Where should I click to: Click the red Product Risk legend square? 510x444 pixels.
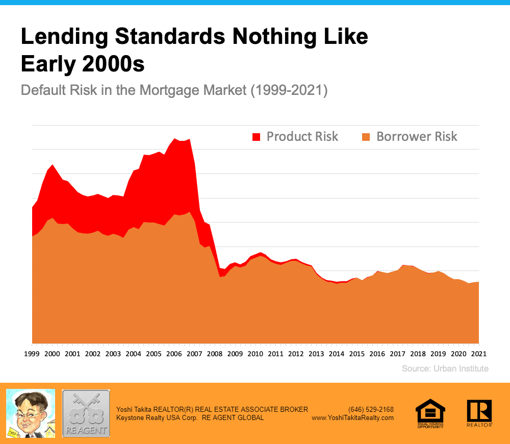point(256,137)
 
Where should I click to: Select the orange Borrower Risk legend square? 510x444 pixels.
point(366,137)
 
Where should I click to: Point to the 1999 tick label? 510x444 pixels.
point(32,354)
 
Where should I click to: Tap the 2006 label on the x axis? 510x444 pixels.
point(174,354)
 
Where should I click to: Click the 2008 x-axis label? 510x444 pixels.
point(215,354)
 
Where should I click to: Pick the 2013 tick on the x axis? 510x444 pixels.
point(316,354)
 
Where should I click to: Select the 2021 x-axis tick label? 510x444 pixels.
point(478,354)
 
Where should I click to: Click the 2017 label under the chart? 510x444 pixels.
point(397,354)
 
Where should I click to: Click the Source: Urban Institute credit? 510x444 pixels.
point(445,368)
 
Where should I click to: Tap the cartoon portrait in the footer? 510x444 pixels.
point(30,413)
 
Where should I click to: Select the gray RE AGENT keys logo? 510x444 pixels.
point(86,413)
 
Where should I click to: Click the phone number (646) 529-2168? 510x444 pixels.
point(371,409)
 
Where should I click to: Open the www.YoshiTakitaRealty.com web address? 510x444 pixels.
point(352,417)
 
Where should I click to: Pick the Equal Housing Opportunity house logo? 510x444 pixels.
point(430,413)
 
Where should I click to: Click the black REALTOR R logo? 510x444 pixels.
point(479,413)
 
